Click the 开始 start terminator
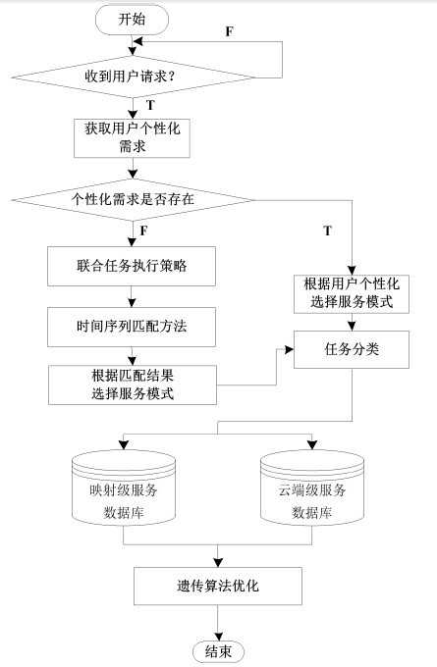tap(132, 20)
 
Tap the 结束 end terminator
tap(218, 651)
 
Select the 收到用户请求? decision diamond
tap(133, 77)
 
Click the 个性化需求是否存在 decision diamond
tap(133, 199)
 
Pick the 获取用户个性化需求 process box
tap(132, 138)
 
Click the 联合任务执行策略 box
tap(132, 266)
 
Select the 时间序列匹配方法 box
tap(132, 327)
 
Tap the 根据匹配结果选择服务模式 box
tap(133, 385)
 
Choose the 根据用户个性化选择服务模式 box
tap(352, 294)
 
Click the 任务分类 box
tap(352, 349)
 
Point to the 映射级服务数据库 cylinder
tap(124, 488)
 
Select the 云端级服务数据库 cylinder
tap(312, 488)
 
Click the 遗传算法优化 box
tap(218, 587)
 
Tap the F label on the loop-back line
tap(229, 31)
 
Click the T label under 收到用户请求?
tap(150, 105)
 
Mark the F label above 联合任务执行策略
tap(144, 231)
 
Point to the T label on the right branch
tap(327, 231)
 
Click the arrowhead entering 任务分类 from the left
tap(289, 349)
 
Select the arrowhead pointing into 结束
tap(218, 637)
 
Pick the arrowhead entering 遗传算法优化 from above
tap(218, 562)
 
